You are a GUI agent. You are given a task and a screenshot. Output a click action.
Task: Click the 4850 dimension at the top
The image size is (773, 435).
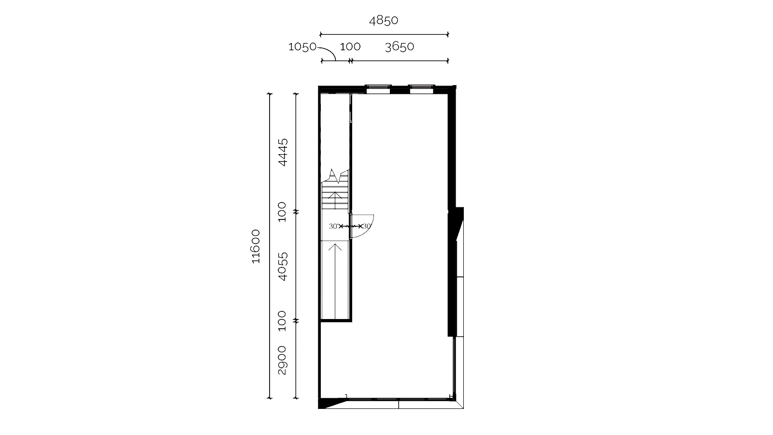pos(384,20)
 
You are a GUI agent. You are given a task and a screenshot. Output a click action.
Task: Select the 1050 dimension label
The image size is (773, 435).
pos(302,46)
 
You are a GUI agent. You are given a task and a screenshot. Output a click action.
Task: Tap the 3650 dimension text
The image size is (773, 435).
pos(400,46)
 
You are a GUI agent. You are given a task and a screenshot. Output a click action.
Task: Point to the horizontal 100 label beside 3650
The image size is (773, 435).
pos(350,46)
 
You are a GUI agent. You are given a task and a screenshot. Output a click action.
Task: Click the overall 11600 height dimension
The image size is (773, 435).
pos(256,246)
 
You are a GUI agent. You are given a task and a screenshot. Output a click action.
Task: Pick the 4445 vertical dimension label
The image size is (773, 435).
pos(283,152)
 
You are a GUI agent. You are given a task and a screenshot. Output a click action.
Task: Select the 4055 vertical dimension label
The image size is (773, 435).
pos(283,266)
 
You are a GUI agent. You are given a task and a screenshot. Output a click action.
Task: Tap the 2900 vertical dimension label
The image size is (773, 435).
pos(282,360)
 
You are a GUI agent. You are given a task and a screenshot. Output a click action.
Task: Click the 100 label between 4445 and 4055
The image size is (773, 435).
pos(282,212)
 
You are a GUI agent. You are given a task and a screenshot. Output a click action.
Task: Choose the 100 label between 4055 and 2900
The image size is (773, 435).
pos(282,321)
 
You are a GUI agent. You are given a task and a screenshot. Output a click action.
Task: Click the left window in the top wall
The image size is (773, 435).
pos(378,89)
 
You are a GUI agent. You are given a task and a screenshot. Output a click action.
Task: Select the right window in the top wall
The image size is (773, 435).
pos(421,89)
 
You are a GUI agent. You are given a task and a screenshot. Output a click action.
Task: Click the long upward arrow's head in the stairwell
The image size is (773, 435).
pos(335,246)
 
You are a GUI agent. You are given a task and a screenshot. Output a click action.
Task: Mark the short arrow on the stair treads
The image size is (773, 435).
pos(335,201)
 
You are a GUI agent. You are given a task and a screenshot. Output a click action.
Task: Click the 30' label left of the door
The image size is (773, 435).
pos(333,227)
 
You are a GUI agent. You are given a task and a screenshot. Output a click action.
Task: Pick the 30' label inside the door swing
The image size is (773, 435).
pos(367,227)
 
